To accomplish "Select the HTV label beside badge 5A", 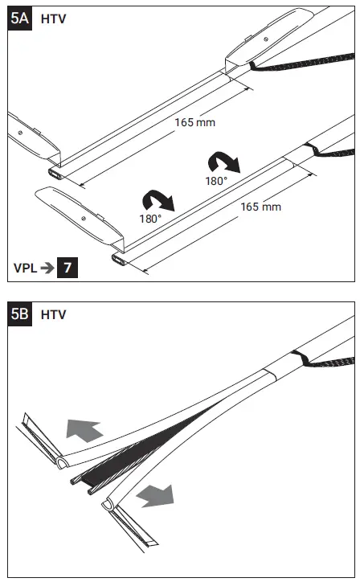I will click(x=53, y=18).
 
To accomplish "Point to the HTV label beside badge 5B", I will click(x=53, y=314).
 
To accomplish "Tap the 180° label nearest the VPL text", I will click(x=149, y=218).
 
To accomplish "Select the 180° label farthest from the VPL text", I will click(x=215, y=181).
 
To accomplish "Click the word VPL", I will click(x=26, y=267).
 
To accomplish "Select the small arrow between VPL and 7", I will click(x=48, y=267).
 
